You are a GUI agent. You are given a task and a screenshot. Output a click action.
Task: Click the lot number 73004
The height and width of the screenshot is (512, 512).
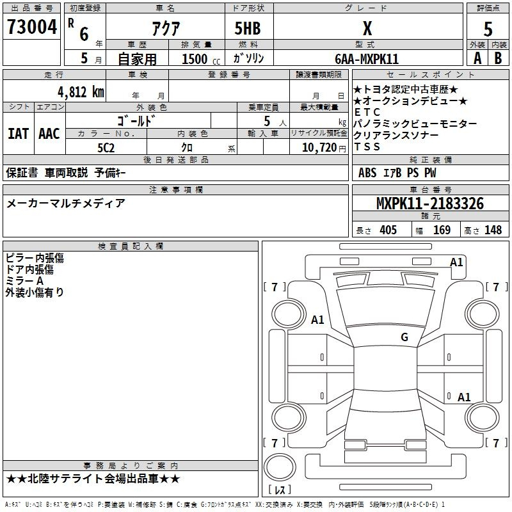point(32,27)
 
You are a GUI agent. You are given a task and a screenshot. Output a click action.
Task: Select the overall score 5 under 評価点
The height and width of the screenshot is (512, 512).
point(488,29)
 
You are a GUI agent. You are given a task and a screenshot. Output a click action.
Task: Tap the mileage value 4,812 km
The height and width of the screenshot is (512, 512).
point(81,92)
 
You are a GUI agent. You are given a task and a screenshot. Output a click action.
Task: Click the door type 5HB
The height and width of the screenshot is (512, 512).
point(248,28)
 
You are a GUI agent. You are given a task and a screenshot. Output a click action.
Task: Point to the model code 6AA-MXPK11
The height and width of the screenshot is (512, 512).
point(367,59)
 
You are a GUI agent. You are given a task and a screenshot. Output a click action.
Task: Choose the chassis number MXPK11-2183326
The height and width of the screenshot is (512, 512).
point(430,204)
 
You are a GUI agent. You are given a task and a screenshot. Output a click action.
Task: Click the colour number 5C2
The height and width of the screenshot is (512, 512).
point(106,148)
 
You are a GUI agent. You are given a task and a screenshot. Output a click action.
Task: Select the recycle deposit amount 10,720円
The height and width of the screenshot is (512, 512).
point(324,148)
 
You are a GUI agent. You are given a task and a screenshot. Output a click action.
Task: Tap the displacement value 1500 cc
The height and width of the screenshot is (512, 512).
point(201,59)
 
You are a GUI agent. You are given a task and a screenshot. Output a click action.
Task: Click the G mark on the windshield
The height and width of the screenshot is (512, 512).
point(404,337)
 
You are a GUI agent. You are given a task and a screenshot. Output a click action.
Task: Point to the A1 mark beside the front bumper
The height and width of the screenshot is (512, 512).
point(456,262)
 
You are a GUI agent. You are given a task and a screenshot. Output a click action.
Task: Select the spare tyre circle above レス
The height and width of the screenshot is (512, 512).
point(280,467)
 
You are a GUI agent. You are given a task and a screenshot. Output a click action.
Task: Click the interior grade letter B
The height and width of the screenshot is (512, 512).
point(498,58)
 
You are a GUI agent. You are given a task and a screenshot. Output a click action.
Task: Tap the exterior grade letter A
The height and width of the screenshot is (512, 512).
point(477,58)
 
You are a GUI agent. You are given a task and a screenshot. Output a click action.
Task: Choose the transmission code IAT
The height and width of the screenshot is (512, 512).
point(18,134)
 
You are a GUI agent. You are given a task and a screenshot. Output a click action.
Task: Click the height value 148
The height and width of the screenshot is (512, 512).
point(493,230)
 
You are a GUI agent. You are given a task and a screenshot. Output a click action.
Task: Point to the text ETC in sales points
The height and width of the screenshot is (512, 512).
point(367,112)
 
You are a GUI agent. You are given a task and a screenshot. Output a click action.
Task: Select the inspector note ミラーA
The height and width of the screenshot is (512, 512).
point(24,281)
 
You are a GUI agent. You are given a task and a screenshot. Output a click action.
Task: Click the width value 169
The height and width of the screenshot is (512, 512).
point(442,230)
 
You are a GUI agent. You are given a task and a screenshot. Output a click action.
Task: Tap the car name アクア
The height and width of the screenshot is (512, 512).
point(166,28)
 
